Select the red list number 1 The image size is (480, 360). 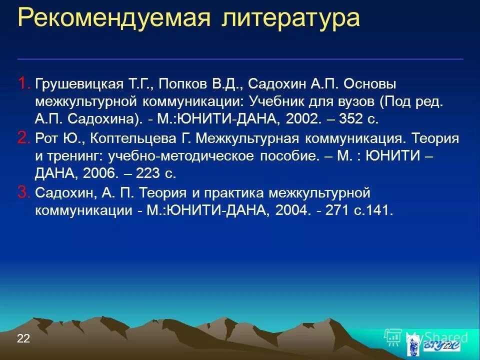tap(23, 83)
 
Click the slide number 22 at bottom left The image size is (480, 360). tap(23, 338)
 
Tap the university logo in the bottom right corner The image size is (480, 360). tap(430, 345)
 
